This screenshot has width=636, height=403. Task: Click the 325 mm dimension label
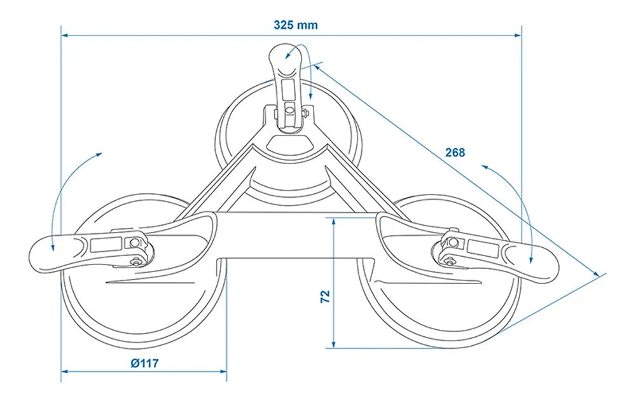[296, 25]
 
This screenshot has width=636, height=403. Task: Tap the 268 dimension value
[455, 153]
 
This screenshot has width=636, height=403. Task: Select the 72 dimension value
[324, 296]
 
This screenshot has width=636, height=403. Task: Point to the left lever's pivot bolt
[134, 242]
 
